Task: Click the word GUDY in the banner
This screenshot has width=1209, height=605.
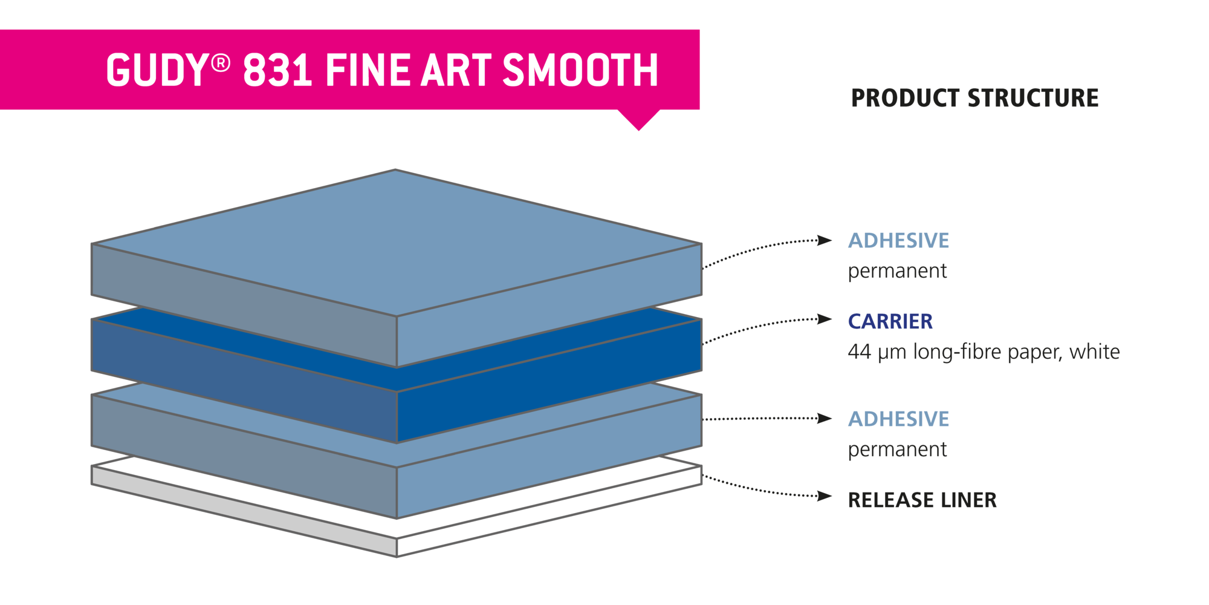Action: [158, 70]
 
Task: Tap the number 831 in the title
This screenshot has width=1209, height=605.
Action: [277, 70]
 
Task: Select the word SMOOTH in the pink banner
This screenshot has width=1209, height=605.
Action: [580, 70]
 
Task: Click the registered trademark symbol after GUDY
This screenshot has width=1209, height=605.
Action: [221, 62]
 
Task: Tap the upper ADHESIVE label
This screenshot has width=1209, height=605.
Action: [898, 241]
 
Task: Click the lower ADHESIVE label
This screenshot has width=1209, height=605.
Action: [898, 419]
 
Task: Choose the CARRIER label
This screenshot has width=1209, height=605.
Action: [890, 322]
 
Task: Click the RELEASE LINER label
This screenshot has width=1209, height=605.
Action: [922, 500]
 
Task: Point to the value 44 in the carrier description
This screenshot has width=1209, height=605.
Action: [859, 352]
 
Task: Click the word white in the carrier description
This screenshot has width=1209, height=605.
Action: [1095, 352]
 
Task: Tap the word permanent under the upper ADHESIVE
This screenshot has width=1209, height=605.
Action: [897, 272]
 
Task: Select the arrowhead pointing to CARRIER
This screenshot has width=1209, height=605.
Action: [825, 319]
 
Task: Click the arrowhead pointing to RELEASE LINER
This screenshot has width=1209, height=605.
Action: [825, 497]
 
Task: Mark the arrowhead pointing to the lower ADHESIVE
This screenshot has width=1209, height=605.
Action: [825, 418]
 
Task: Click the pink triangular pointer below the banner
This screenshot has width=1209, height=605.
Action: [639, 119]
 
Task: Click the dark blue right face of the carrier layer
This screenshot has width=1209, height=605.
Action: [549, 381]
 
